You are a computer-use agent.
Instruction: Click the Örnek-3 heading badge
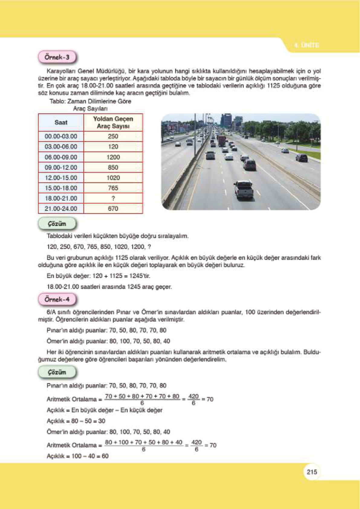coord(57,57)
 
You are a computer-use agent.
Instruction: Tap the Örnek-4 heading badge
coord(57,299)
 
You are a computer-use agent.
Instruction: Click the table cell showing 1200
coord(113,157)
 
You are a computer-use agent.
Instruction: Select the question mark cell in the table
coord(113,198)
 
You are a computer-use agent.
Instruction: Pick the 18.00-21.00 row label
coord(61,198)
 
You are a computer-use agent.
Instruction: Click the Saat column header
coord(61,122)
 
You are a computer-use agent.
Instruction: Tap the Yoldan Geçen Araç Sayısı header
coord(113,122)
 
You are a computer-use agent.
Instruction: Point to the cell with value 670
coord(113,209)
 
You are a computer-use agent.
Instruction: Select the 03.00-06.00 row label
coord(61,147)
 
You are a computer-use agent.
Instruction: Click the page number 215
coord(312,472)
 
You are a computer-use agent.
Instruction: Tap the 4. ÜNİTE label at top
coord(306,45)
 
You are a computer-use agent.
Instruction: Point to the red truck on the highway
coord(222,141)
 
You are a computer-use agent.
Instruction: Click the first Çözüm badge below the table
coord(57,224)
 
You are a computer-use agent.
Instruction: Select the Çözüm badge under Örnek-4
coord(57,372)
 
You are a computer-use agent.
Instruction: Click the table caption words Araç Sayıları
coord(90,109)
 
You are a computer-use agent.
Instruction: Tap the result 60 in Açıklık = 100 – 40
coord(105,456)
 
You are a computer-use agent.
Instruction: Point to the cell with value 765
coord(113,188)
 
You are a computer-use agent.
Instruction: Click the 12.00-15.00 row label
coord(61,178)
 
